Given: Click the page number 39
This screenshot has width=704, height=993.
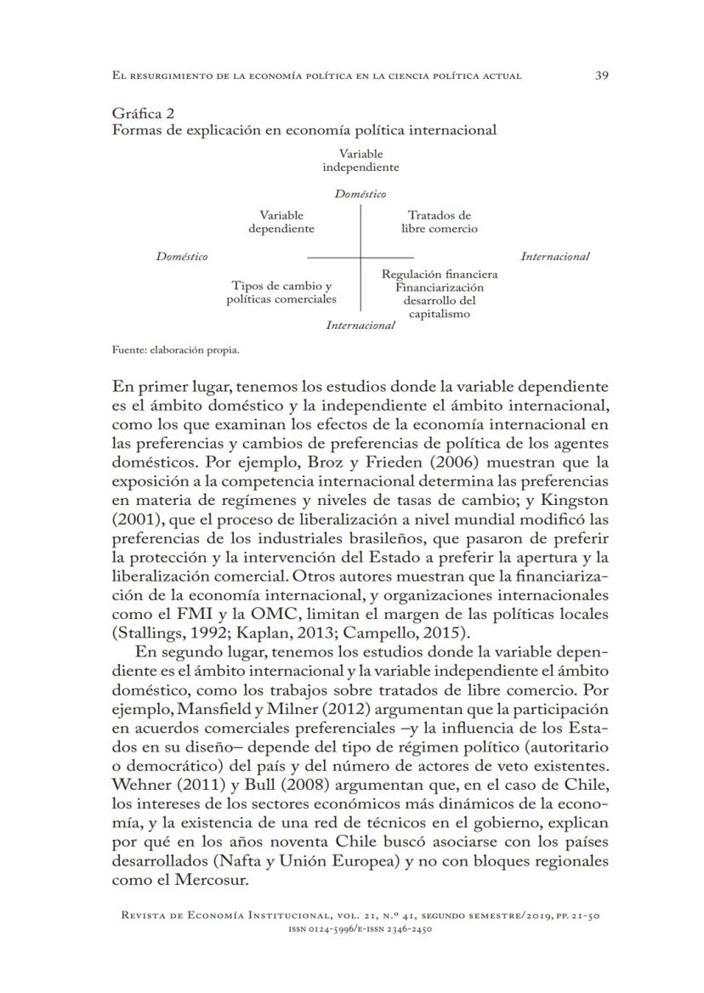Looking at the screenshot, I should [x=601, y=76].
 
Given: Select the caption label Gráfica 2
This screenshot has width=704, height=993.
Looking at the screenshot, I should [x=144, y=114].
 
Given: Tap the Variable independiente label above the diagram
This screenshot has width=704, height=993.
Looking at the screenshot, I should [x=361, y=161].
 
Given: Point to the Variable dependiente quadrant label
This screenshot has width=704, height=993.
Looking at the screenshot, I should [x=281, y=222].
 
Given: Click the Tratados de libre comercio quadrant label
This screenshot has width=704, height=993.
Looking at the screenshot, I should [x=439, y=222].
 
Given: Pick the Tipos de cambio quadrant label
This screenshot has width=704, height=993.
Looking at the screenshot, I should [x=281, y=292].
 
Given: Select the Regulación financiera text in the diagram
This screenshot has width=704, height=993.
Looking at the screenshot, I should [x=440, y=275].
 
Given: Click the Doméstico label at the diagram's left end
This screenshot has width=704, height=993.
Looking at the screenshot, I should [x=182, y=257].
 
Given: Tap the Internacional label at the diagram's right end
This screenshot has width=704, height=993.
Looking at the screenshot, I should [x=554, y=257].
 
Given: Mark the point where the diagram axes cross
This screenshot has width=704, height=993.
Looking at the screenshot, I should [x=361, y=257].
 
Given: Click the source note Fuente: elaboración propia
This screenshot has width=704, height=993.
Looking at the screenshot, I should [x=176, y=349].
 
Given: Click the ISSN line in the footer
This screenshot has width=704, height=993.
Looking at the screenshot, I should [x=361, y=929].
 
